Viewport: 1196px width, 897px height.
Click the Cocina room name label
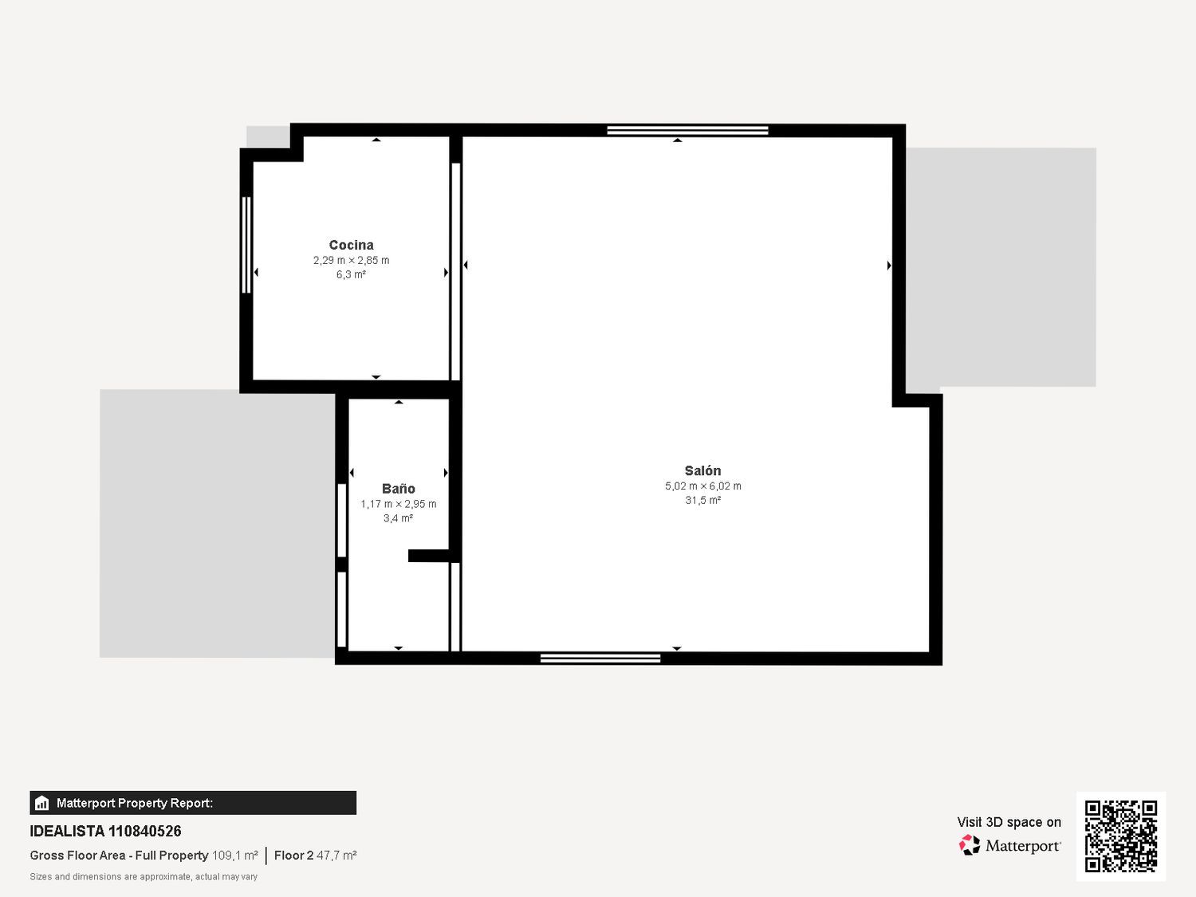pyautogui.click(x=351, y=245)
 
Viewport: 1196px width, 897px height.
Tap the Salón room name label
pyautogui.click(x=702, y=470)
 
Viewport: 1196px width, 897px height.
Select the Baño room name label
pyautogui.click(x=399, y=489)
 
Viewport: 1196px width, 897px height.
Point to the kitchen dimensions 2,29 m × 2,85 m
pyautogui.click(x=351, y=261)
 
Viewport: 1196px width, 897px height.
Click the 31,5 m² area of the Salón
pyautogui.click(x=703, y=500)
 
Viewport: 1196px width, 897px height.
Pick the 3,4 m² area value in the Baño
pyautogui.click(x=399, y=518)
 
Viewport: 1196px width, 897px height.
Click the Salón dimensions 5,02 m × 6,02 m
pyautogui.click(x=703, y=486)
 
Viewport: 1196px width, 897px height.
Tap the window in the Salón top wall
pyautogui.click(x=687, y=130)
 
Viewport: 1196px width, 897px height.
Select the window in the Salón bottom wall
pyautogui.click(x=600, y=659)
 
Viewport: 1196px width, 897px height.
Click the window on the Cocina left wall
pyautogui.click(x=246, y=245)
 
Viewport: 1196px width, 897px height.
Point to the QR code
pyautogui.click(x=1121, y=836)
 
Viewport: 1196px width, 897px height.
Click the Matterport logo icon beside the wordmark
pyautogui.click(x=970, y=845)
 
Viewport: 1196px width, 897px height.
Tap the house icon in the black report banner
pyautogui.click(x=42, y=803)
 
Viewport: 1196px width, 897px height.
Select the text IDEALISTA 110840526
pyautogui.click(x=105, y=831)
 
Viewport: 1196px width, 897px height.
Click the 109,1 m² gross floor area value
pyautogui.click(x=235, y=855)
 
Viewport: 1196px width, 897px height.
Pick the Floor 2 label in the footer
pyautogui.click(x=293, y=855)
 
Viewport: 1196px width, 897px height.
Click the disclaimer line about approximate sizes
pyautogui.click(x=144, y=877)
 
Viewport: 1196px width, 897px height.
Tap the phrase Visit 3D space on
pyautogui.click(x=1009, y=822)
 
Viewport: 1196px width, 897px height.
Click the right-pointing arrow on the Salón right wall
pyautogui.click(x=889, y=266)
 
